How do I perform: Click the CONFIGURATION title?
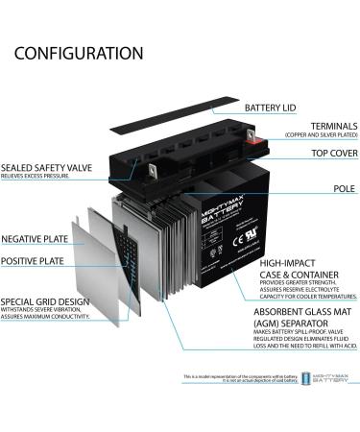[80, 53]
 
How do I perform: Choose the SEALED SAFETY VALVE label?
[46, 167]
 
